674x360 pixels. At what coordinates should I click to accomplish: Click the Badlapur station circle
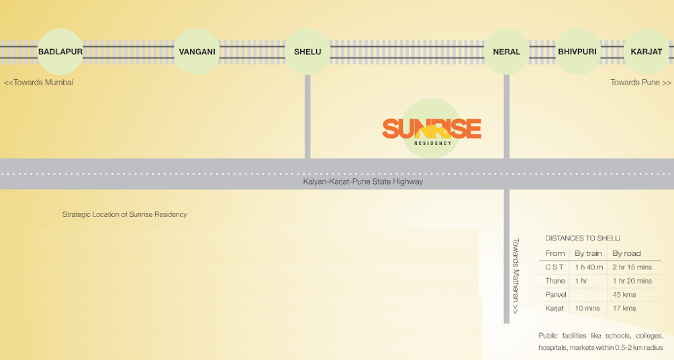tap(60, 52)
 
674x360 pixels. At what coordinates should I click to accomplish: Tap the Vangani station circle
tap(197, 52)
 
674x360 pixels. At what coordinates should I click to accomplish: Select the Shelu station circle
tap(307, 52)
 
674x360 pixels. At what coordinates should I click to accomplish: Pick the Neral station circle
tap(506, 52)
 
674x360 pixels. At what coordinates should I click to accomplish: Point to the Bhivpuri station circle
tap(577, 52)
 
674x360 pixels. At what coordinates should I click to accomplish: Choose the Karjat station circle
tap(646, 52)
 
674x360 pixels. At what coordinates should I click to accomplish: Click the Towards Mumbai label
tap(38, 83)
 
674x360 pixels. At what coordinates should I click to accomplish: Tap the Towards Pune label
tap(640, 83)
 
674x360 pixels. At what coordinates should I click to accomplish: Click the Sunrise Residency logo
tap(432, 129)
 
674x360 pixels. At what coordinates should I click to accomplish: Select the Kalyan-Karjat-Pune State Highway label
tap(363, 181)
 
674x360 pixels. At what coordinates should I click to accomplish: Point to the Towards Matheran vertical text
tap(516, 276)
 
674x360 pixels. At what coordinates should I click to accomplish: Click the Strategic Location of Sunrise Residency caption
tap(124, 215)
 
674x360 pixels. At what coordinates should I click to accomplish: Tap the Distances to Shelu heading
tap(583, 238)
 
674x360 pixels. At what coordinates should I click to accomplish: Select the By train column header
tap(588, 253)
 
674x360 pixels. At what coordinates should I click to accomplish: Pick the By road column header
tap(626, 253)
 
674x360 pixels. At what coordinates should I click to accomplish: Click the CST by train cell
tap(589, 267)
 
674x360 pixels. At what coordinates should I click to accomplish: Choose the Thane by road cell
tap(632, 281)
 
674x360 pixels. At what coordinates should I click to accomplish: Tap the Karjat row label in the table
tap(555, 308)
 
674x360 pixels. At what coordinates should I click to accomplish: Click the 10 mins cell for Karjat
tap(588, 308)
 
